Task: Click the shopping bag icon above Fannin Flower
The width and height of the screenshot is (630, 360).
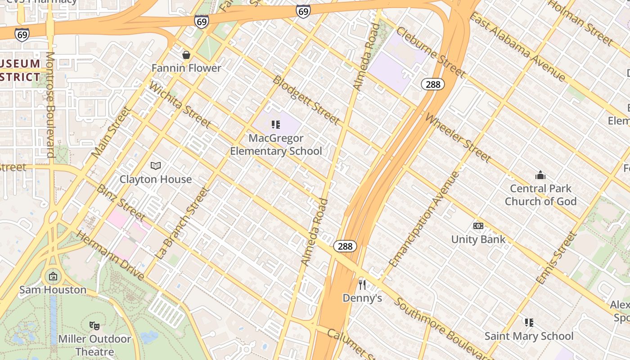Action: (186, 55)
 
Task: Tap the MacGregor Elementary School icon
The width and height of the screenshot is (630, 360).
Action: (276, 125)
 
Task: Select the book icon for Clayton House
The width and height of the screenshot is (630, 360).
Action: (156, 166)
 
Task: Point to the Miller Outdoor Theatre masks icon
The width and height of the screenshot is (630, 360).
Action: (94, 325)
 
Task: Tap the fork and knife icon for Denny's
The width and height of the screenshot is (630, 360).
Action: (362, 284)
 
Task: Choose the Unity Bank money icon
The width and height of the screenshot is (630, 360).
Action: (478, 226)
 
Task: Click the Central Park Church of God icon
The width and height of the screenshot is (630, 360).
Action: (540, 175)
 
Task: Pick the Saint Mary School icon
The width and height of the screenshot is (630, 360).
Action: (529, 323)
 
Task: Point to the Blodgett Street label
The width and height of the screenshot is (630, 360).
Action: (306, 100)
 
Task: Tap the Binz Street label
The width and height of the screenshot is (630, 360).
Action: (121, 203)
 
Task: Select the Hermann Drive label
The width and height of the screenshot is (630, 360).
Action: (110, 255)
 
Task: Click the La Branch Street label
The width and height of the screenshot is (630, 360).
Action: (182, 223)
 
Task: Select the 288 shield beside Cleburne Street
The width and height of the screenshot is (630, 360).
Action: (433, 84)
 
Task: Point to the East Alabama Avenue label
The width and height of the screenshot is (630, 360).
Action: (517, 47)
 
